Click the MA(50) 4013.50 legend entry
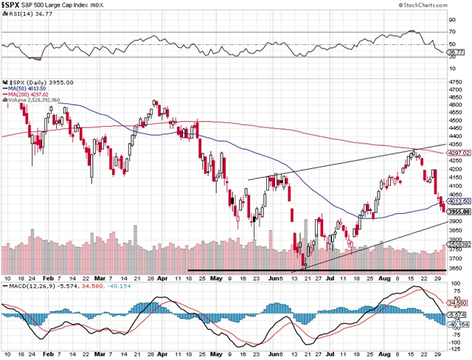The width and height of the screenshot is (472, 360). pyautogui.click(x=24, y=89)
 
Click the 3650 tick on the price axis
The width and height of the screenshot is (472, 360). pyautogui.click(x=457, y=270)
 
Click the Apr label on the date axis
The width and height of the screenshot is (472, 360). pyautogui.click(x=162, y=280)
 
